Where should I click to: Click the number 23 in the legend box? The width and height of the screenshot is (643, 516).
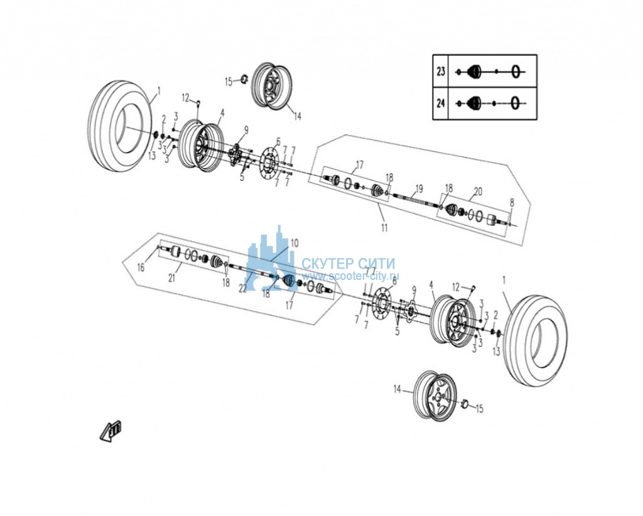click(x=440, y=72)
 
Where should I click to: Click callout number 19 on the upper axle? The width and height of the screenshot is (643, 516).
click(x=418, y=189)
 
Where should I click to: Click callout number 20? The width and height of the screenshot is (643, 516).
click(x=478, y=191)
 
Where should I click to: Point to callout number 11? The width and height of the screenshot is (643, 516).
click(x=384, y=227)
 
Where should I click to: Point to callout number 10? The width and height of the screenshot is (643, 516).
click(x=294, y=243)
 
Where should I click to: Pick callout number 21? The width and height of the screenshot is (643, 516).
click(x=172, y=278)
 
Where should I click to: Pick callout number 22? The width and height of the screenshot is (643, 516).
click(x=243, y=289)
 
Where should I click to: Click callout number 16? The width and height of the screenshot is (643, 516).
click(x=141, y=267)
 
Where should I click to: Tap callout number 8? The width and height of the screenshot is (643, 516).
click(x=511, y=203)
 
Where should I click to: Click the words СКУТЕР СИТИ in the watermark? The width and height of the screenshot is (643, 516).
click(x=348, y=263)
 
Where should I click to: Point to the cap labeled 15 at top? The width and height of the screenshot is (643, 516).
click(x=243, y=78)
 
